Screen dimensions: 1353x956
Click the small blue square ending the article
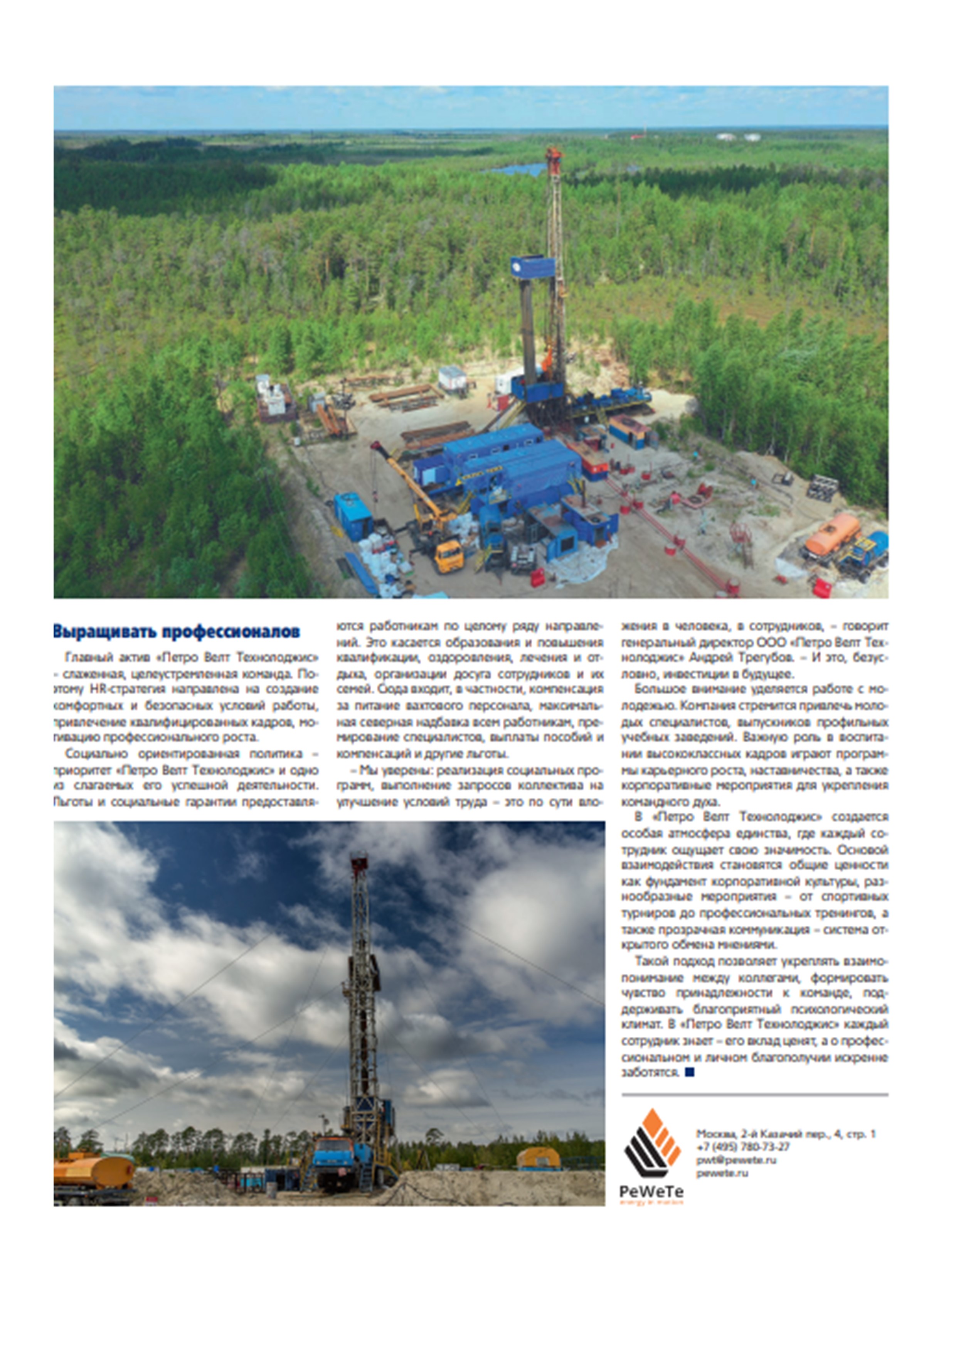point(690,1072)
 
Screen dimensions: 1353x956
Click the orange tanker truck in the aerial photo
point(832,535)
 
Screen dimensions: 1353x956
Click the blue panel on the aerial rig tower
point(532,268)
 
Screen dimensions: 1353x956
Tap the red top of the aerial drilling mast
point(554,155)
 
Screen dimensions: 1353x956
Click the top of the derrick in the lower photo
point(359,864)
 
